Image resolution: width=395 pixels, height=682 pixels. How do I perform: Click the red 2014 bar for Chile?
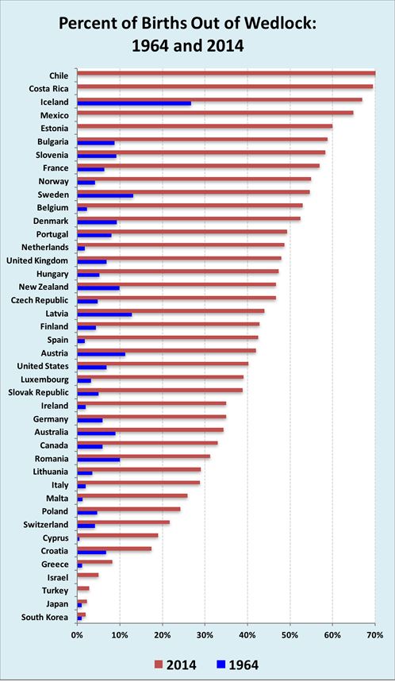pyautogui.click(x=226, y=73)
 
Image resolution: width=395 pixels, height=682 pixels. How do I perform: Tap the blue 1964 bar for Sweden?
pyautogui.click(x=105, y=195)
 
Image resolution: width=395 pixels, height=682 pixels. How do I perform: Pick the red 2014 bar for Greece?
pyautogui.click(x=94, y=562)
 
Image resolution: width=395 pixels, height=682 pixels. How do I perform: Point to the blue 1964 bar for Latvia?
pyautogui.click(x=104, y=314)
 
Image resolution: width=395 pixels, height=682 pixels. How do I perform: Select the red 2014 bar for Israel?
pyautogui.click(x=87, y=575)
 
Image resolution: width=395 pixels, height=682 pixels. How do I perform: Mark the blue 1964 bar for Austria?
pyautogui.click(x=101, y=354)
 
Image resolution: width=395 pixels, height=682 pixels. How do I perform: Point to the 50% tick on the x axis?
pyautogui.click(x=290, y=635)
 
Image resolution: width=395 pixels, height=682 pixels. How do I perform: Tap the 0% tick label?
pyautogui.click(x=77, y=635)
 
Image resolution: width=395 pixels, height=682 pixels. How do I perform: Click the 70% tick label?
pyautogui.click(x=375, y=635)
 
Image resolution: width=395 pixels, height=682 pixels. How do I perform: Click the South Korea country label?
pyautogui.click(x=44, y=617)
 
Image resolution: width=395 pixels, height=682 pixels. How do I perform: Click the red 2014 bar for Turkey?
pyautogui.click(x=82, y=588)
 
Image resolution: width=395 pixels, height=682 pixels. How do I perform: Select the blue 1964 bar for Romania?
pyautogui.click(x=98, y=460)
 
